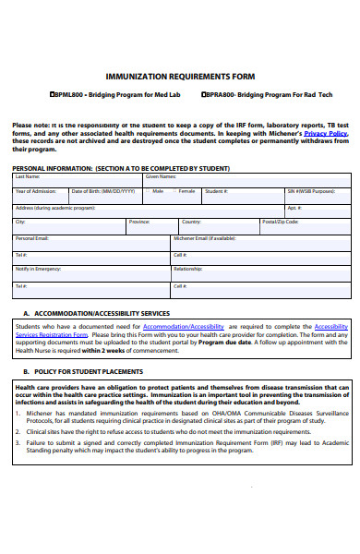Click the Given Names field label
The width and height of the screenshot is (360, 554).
click(x=161, y=176)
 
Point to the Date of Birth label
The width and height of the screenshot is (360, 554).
click(x=102, y=191)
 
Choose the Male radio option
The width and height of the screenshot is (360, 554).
click(x=149, y=191)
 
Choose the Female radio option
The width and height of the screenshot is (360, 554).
click(x=175, y=191)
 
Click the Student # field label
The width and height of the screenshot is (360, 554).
click(x=216, y=191)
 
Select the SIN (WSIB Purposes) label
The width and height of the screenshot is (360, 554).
click(x=310, y=191)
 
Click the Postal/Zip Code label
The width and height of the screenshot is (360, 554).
click(x=280, y=222)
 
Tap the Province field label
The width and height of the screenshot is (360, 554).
click(x=139, y=222)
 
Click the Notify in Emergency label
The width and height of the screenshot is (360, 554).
click(x=38, y=269)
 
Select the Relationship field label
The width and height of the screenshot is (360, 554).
click(x=187, y=269)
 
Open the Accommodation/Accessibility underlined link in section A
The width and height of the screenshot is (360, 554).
click(x=184, y=326)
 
